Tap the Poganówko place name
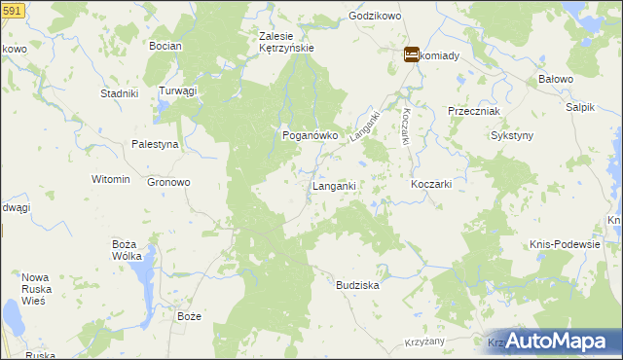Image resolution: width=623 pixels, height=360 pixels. [x=310, y=136]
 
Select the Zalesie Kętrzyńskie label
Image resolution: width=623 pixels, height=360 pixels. [x=285, y=43]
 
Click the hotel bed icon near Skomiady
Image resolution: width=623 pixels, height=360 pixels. [x=411, y=55]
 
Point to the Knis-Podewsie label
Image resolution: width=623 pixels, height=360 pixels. [x=565, y=244]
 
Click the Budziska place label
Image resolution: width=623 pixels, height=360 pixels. [x=357, y=286]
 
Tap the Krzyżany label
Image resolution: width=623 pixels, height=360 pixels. [x=424, y=342]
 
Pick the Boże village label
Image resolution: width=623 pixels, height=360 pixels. [x=189, y=317]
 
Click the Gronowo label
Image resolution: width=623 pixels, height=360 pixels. [x=168, y=182]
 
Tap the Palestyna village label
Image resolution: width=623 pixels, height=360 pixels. [x=155, y=144]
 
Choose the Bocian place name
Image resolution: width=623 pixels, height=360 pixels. [x=161, y=46]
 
